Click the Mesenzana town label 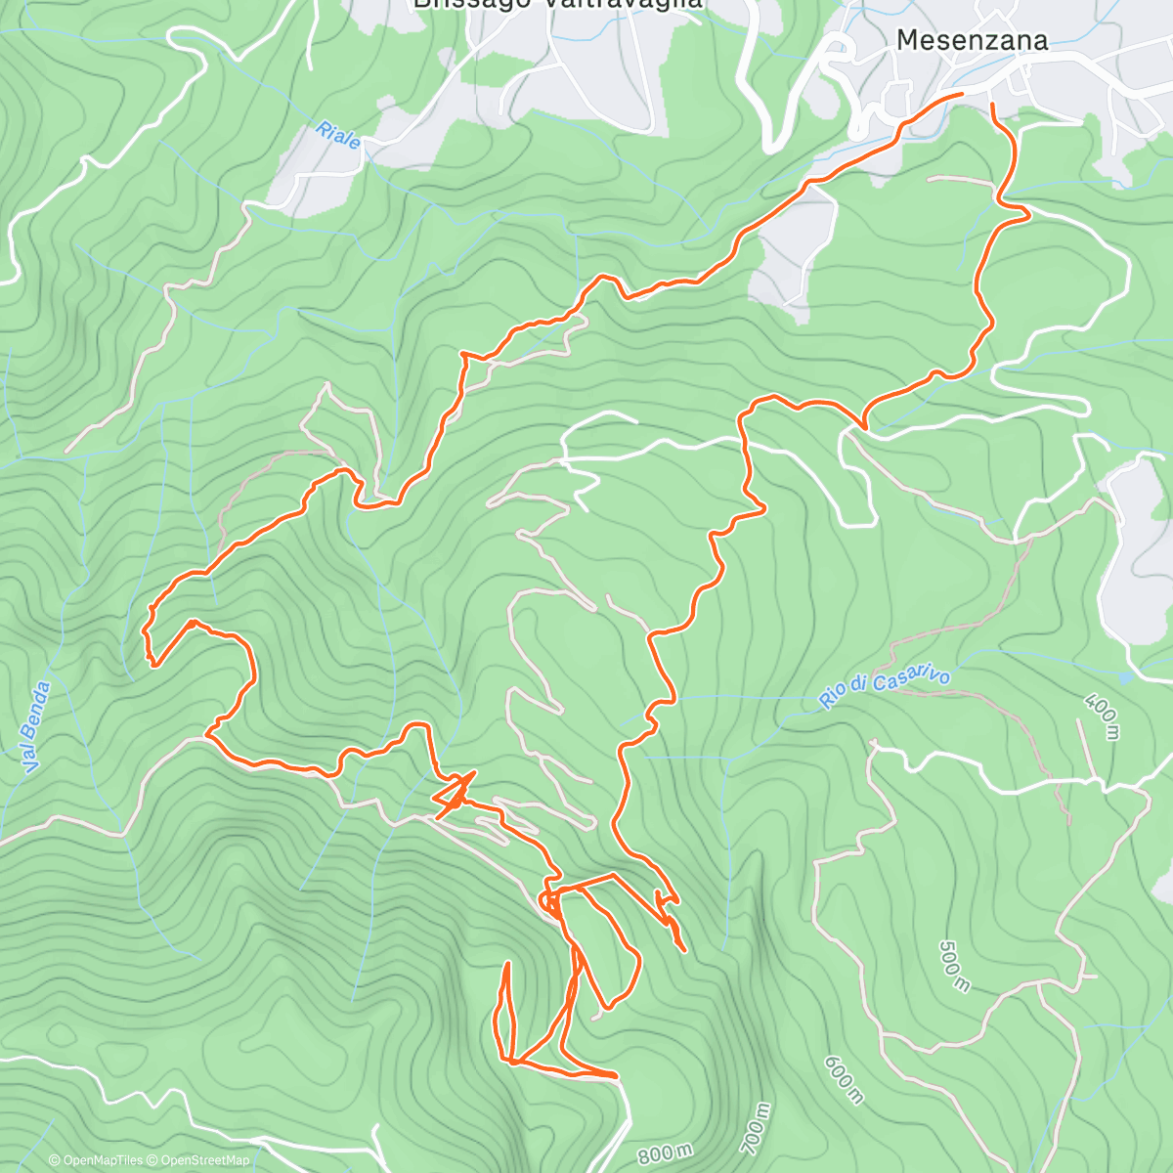tap(972, 40)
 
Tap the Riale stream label tap(339, 135)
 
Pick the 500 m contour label tap(953, 966)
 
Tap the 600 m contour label tap(844, 1079)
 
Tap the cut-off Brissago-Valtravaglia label tap(557, 4)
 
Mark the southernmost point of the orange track tap(616, 1076)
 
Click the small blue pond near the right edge tap(1124, 676)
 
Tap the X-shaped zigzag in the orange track tap(456, 792)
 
